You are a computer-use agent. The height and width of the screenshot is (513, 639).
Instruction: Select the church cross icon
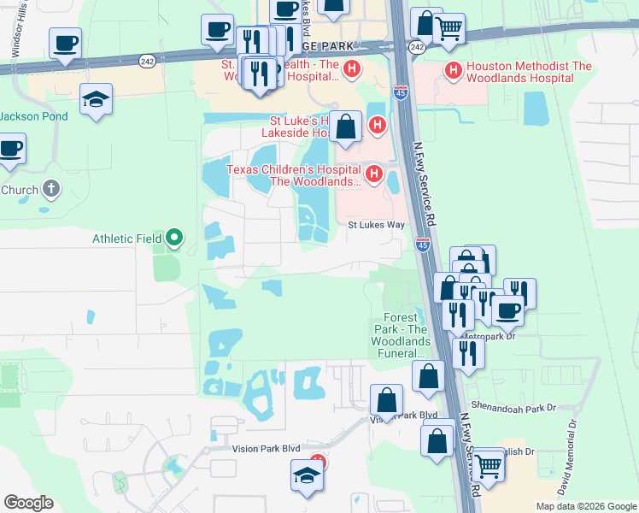coord(51,189)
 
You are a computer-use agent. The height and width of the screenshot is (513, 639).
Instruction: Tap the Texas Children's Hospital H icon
coord(373,174)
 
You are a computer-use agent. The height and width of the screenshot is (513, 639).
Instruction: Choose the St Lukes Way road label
coord(375,226)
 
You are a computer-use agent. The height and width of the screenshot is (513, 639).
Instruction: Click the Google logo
coord(28,503)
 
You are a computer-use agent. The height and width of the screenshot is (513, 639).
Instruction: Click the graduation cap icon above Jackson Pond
coord(97,100)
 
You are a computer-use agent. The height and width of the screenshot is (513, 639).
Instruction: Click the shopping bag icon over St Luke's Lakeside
coord(346,127)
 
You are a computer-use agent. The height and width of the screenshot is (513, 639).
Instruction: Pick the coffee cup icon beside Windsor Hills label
coord(64,42)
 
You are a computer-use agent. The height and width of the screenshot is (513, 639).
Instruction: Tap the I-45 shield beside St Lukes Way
coord(423,245)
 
